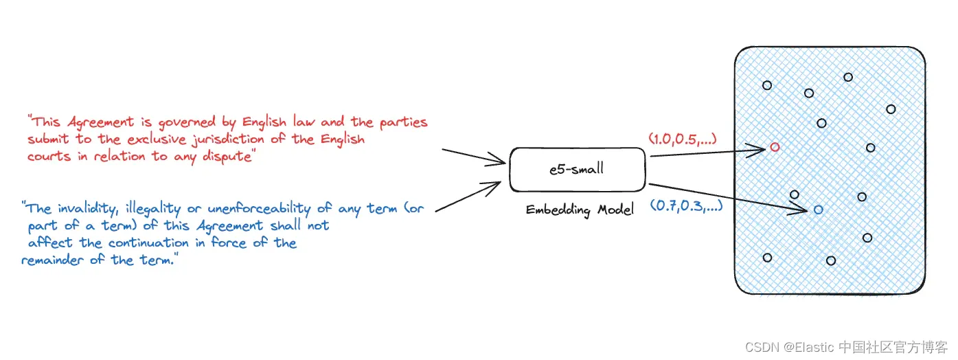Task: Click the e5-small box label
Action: click(576, 169)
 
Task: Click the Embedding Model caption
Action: click(579, 210)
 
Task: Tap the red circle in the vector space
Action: click(775, 147)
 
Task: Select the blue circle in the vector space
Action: click(818, 210)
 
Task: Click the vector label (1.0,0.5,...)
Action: click(683, 139)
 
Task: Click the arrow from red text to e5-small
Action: click(474, 157)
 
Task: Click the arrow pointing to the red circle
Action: click(707, 151)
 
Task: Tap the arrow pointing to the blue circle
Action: click(728, 197)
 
